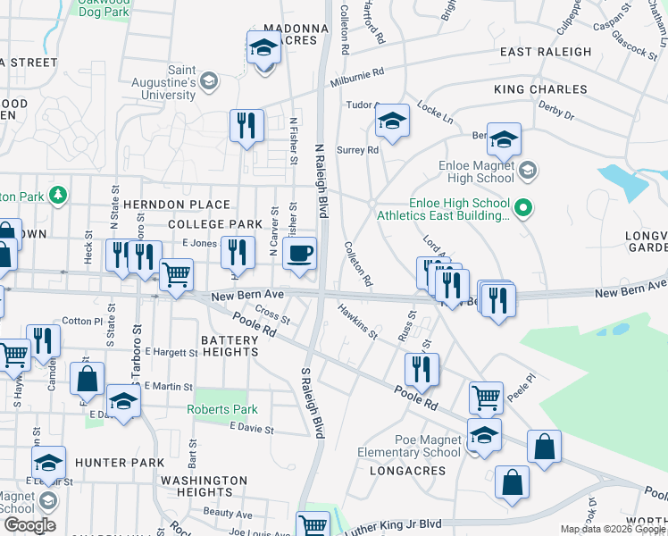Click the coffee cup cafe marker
click(x=299, y=253)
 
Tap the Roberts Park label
click(x=222, y=409)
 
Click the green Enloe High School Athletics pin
click(x=525, y=209)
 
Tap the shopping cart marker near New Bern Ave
click(x=176, y=275)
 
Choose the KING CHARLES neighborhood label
click(x=540, y=90)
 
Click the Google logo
click(x=29, y=525)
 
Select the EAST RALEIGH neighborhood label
click(x=545, y=53)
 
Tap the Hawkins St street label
click(x=357, y=322)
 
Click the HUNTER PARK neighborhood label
click(x=121, y=463)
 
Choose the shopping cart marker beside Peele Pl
click(x=486, y=398)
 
